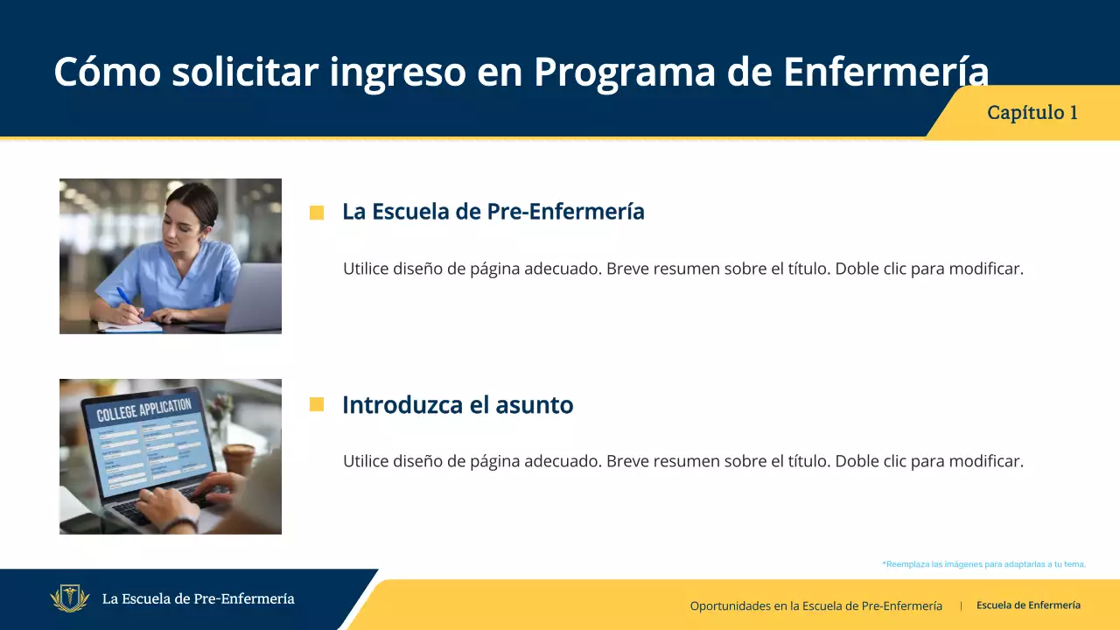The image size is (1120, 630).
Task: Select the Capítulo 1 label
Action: (1032, 113)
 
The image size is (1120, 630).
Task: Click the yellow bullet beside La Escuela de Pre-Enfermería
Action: (317, 213)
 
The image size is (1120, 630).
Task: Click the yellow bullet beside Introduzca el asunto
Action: (317, 404)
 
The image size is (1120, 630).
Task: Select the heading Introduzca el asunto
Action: (458, 405)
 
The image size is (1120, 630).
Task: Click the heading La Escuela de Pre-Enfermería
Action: (493, 212)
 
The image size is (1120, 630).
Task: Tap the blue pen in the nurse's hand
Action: (124, 297)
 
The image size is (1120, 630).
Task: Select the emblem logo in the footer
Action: (70, 599)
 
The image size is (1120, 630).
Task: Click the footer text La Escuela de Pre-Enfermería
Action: (198, 599)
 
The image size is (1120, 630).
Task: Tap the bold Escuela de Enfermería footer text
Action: (1028, 605)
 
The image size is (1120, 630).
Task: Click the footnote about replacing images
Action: (983, 564)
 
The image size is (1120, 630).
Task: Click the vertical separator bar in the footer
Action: (961, 605)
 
